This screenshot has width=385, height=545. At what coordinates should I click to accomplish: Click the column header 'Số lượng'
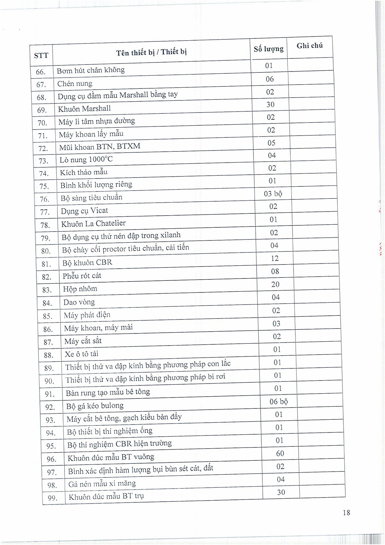[x=268, y=49]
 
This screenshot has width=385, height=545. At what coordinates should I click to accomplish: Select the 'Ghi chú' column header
[x=309, y=46]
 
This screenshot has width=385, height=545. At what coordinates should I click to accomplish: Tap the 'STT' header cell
[x=41, y=56]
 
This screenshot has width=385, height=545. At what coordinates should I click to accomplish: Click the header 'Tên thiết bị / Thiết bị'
[x=151, y=52]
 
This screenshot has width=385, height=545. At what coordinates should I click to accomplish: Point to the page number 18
[x=346, y=513]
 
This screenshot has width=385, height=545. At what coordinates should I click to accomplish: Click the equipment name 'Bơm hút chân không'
[x=91, y=70]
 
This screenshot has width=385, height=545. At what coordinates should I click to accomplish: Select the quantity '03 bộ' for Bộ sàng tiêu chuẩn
[x=273, y=194]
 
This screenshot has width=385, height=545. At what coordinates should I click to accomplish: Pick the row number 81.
[x=46, y=264]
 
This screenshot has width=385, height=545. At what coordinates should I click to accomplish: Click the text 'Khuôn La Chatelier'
[x=93, y=224]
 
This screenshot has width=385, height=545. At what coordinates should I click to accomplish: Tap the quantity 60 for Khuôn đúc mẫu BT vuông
[x=280, y=454]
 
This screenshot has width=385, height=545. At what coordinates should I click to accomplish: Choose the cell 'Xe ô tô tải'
[x=82, y=354]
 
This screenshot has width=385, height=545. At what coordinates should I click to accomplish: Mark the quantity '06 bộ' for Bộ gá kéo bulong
[x=279, y=402]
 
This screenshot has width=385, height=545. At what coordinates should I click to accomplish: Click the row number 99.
[x=52, y=498]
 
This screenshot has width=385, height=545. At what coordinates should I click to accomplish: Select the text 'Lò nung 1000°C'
[x=86, y=160]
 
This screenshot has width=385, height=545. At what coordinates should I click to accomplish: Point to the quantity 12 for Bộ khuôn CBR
[x=275, y=259]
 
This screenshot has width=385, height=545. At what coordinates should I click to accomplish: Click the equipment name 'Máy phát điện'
[x=87, y=315]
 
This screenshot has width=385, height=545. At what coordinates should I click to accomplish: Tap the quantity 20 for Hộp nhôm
[x=275, y=285]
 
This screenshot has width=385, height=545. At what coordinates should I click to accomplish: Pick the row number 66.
[x=41, y=72]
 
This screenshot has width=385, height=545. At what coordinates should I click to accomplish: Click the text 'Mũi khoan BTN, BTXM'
[x=100, y=147]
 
